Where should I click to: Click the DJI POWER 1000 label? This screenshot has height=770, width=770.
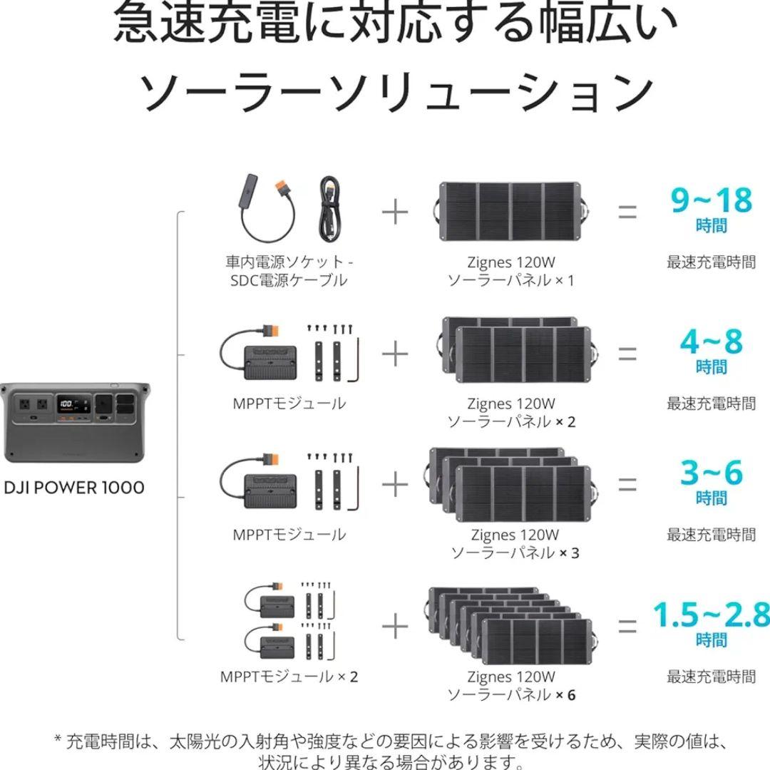(74, 488)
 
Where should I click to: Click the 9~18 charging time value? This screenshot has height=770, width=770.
(711, 200)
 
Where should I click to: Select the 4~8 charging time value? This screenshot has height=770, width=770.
(711, 342)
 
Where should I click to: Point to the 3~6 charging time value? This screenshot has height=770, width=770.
(711, 473)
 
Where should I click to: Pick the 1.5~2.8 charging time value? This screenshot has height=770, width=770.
(712, 615)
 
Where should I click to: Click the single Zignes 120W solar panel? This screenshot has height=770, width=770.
(510, 212)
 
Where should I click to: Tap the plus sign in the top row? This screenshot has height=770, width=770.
(395, 212)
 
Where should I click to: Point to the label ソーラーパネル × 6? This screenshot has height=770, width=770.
(511, 694)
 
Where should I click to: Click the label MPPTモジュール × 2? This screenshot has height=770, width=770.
(289, 677)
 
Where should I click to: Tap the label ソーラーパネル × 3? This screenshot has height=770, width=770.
(515, 553)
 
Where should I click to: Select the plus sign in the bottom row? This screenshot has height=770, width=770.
(395, 627)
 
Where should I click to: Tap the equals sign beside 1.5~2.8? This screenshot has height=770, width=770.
(627, 627)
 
